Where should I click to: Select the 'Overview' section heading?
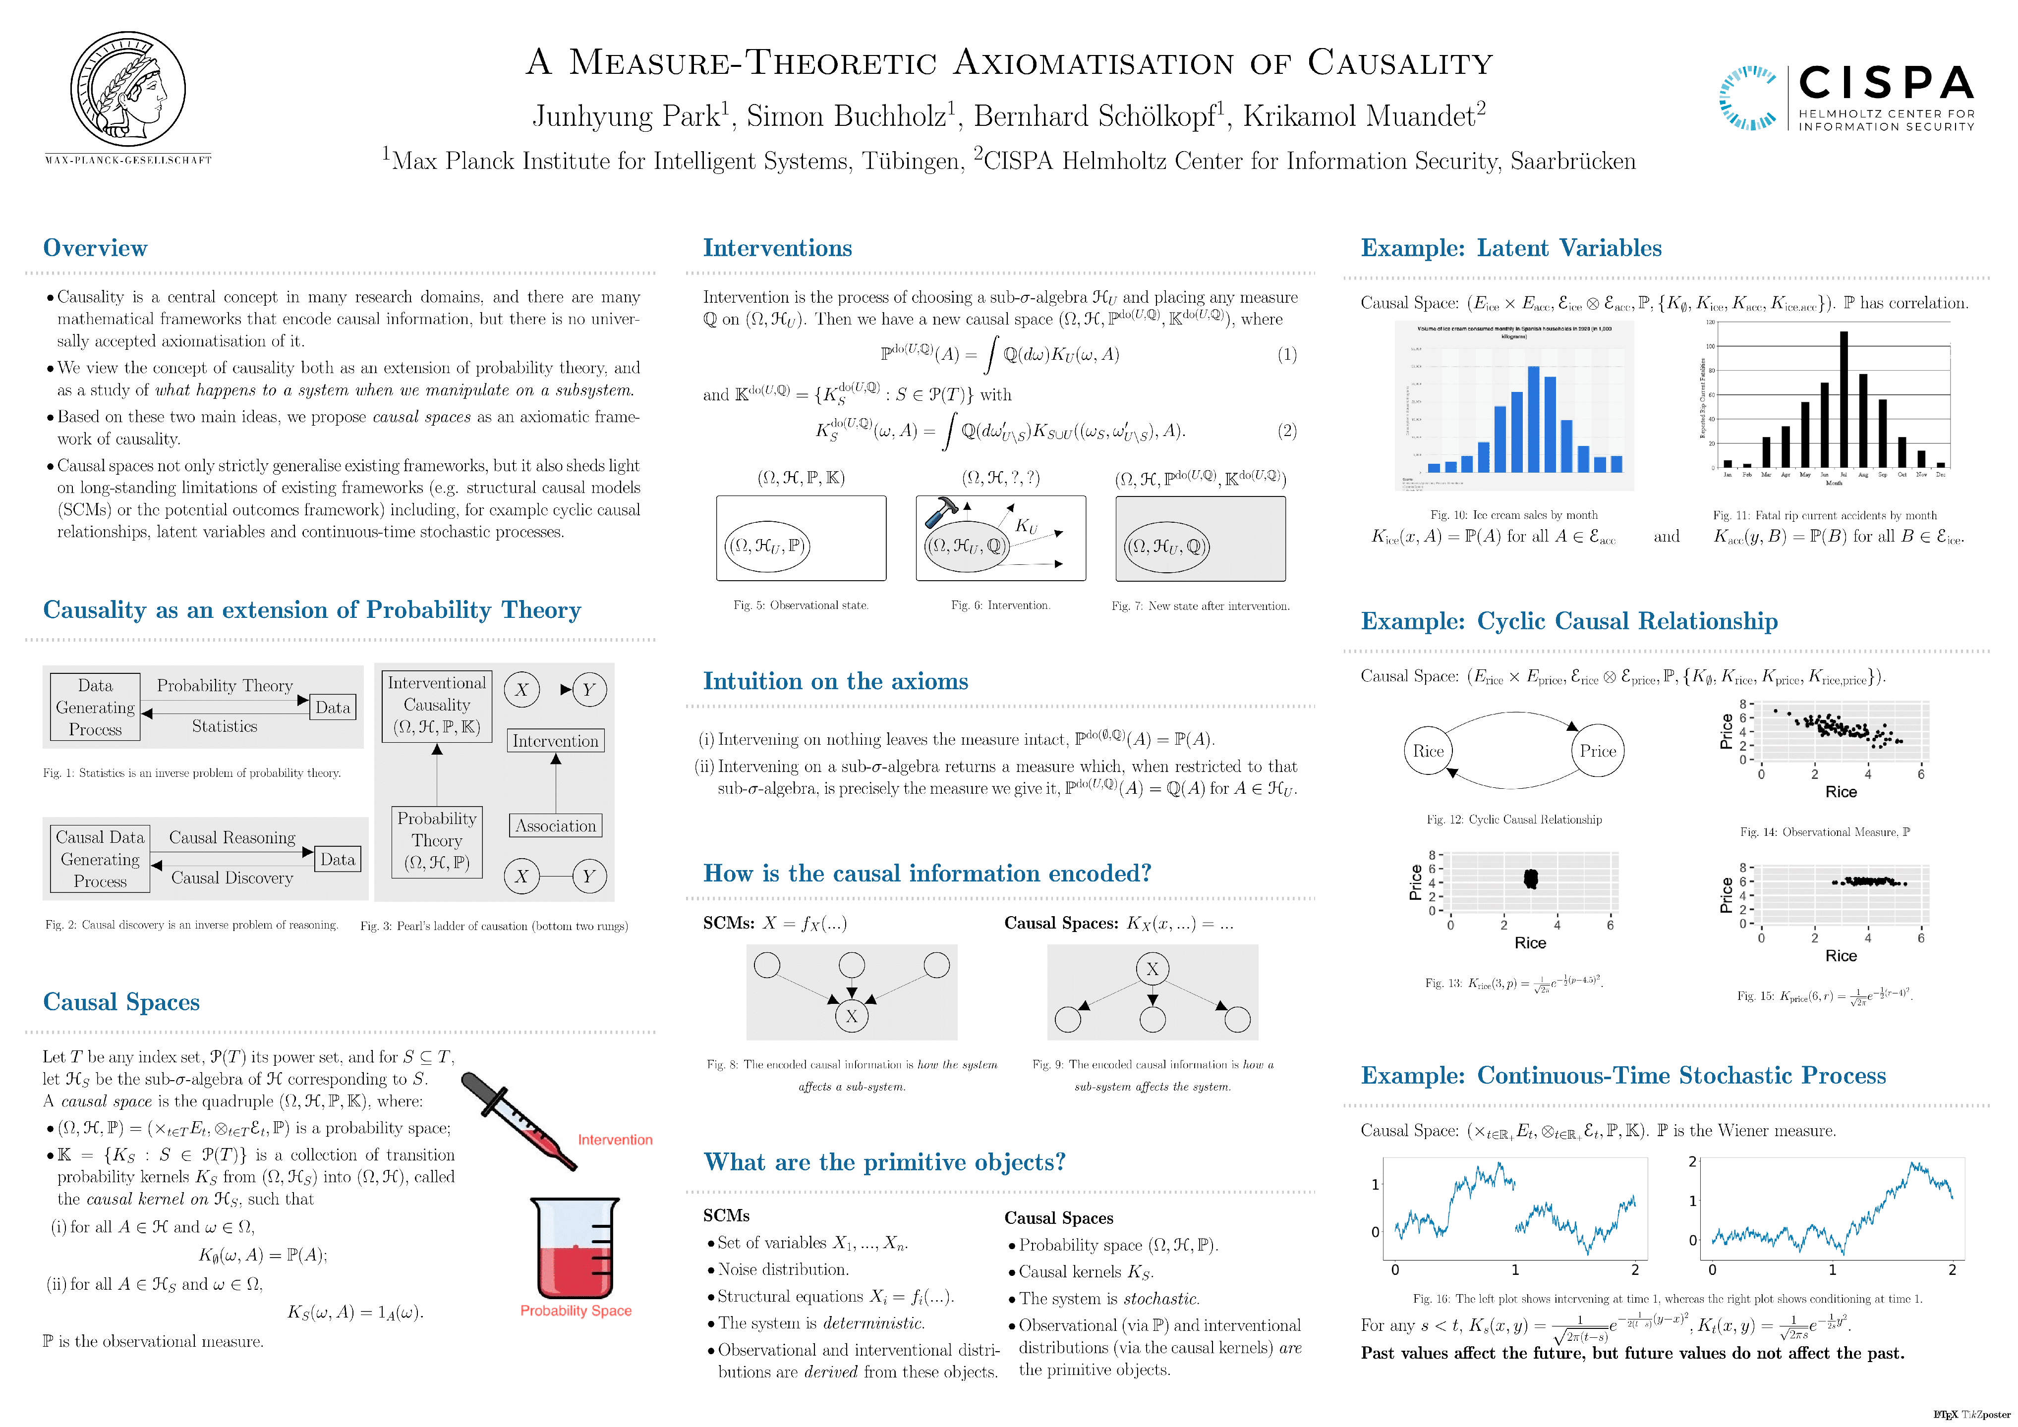click(95, 249)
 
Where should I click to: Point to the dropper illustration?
click(519, 1121)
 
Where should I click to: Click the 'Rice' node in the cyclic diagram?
click(1428, 751)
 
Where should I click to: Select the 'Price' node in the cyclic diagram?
click(1597, 751)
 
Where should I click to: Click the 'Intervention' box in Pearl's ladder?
click(556, 741)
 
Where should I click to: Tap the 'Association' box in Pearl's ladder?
click(556, 826)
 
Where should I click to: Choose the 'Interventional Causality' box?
click(437, 705)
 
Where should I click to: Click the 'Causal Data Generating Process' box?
click(99, 859)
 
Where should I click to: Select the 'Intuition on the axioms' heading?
click(835, 682)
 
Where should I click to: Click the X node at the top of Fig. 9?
click(1153, 969)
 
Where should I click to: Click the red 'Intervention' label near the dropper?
click(615, 1140)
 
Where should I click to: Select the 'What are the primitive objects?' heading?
click(884, 1162)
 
